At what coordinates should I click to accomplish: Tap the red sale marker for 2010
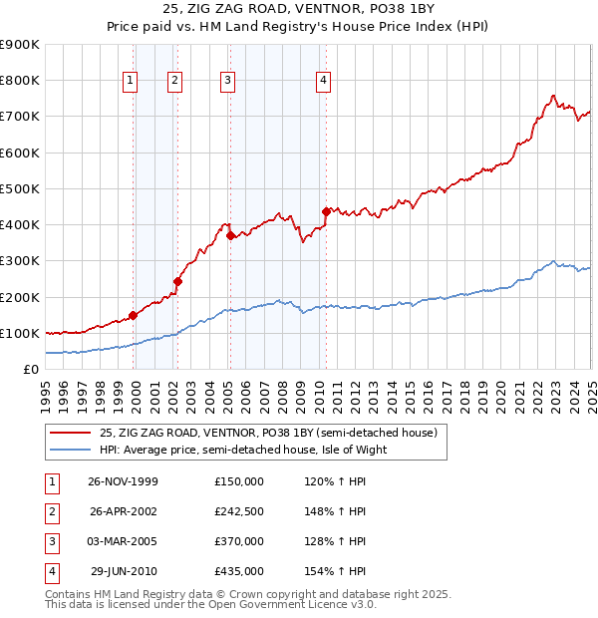(326, 211)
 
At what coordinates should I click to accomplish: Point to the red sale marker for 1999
(134, 314)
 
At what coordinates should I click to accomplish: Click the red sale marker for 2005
(230, 235)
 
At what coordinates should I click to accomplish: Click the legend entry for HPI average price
(242, 450)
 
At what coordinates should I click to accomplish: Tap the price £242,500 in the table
(238, 511)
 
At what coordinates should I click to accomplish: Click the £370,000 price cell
(238, 541)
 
